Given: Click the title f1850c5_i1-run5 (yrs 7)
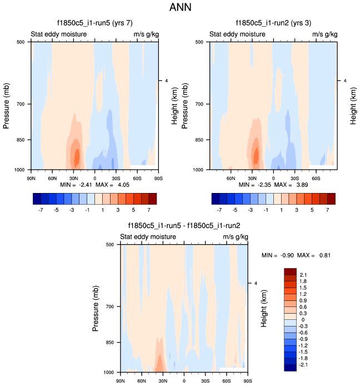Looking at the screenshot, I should tap(94, 23).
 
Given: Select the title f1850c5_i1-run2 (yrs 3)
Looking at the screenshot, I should tap(272, 23).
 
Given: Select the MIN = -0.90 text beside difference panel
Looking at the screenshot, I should tap(277, 255).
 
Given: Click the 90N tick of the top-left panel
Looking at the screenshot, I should tap(31, 178).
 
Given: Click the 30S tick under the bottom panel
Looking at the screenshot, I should tap(206, 381).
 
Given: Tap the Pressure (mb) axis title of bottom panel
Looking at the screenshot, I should tap(96, 308).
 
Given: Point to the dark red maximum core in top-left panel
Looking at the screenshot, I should tap(77, 156).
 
